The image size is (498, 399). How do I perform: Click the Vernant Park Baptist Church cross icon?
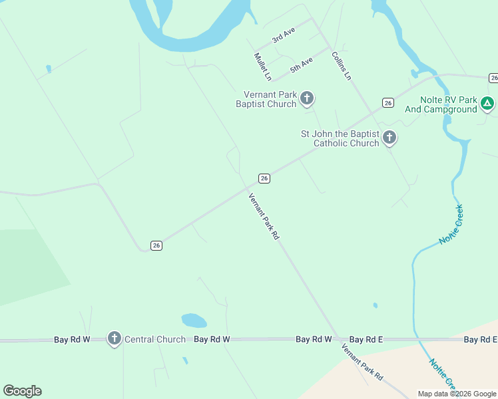tap(307, 99)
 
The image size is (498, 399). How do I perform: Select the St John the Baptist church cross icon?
tap(389, 138)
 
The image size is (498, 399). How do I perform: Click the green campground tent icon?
tap(487, 103)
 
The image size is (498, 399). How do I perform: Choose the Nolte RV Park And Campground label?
tap(448, 104)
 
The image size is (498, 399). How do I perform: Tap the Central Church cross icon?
tap(115, 339)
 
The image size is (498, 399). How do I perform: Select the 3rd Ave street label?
tap(283, 36)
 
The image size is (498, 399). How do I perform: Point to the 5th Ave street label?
tap(301, 65)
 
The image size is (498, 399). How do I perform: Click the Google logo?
tap(22, 391)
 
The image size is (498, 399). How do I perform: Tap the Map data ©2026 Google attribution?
tap(456, 394)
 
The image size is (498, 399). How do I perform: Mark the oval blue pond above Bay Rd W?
tap(194, 321)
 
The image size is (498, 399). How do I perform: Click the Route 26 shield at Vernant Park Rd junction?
tap(264, 178)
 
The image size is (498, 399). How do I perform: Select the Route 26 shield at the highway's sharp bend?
tap(156, 245)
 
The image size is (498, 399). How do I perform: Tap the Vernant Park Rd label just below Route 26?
tap(263, 216)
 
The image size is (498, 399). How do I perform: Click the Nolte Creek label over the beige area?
tap(442, 374)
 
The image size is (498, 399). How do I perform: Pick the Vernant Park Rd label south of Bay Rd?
tap(362, 362)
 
